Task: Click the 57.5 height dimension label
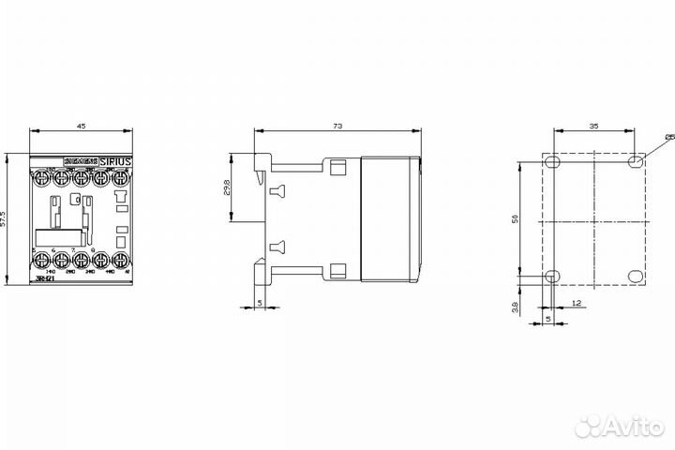coord(6,218)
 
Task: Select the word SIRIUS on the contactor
coord(116,161)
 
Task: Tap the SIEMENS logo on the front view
coord(82,161)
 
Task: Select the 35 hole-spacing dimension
coord(595,123)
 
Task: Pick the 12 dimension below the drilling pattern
coord(575,303)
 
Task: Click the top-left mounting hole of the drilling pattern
coord(553,162)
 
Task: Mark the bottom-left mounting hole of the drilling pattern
coord(553,277)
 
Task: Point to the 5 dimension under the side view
coord(259,303)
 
